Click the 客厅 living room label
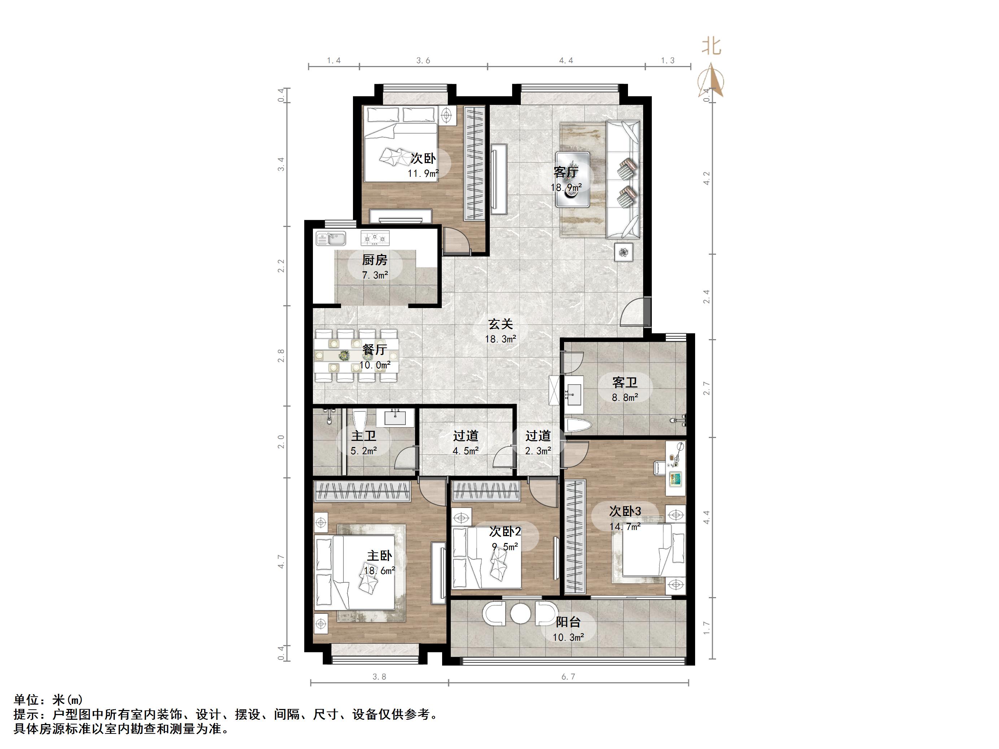[566, 172]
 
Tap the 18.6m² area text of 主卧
[379, 571]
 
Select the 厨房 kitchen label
[374, 260]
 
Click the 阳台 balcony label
[568, 622]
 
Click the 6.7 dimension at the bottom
[568, 677]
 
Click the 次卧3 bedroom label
[625, 512]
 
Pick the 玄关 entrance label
[501, 324]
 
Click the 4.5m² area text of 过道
[466, 451]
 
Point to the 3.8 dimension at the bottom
[379, 677]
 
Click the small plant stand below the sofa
[624, 252]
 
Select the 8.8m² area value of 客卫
[625, 398]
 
